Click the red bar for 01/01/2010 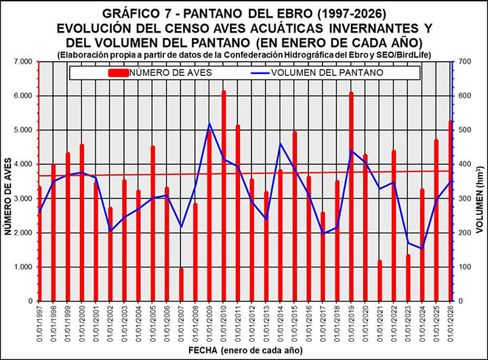click(224, 197)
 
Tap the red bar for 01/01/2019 click(351, 197)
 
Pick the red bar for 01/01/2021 click(380, 281)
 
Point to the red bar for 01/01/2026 click(451, 211)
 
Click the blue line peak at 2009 click(209, 124)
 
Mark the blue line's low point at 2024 click(422, 248)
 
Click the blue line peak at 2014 click(281, 144)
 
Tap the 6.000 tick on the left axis click(23, 96)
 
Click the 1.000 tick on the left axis click(23, 266)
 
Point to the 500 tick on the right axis click(466, 129)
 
